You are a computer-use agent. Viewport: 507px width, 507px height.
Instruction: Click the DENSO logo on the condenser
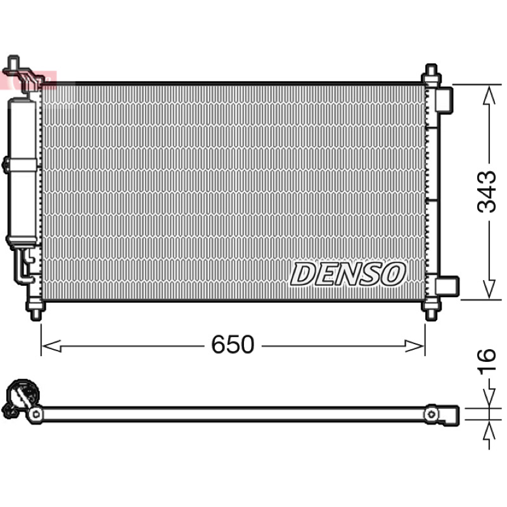(348, 274)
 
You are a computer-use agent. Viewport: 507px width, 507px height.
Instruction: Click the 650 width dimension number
(233, 344)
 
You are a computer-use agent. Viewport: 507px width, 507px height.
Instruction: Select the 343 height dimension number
(486, 192)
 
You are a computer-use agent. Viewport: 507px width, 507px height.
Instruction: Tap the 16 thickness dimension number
(486, 361)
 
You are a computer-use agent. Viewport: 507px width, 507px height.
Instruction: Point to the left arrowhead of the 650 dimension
(52, 346)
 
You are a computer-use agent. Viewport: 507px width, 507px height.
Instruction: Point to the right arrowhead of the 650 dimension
(414, 346)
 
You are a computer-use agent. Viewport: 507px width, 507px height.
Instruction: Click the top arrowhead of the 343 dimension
(489, 95)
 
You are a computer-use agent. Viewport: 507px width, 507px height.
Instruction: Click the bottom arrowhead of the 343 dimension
(489, 290)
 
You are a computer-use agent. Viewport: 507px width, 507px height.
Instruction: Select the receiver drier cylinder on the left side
(23, 171)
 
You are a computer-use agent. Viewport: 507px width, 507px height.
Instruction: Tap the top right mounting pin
(432, 74)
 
